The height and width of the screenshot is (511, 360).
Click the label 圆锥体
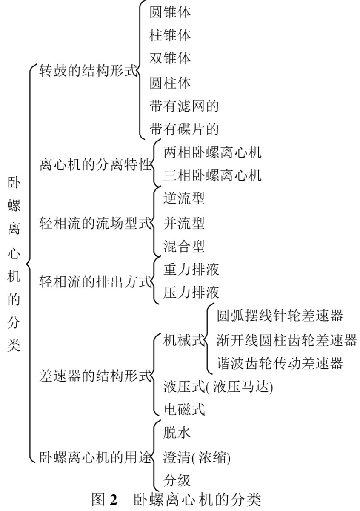pyautogui.click(x=170, y=12)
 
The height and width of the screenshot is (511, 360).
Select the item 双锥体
pyautogui.click(x=170, y=58)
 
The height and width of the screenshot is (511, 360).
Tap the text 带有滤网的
pyautogui.click(x=184, y=106)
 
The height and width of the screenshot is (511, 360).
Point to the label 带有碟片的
pyautogui.click(x=184, y=129)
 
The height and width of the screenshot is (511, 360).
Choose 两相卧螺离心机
pyautogui.click(x=212, y=152)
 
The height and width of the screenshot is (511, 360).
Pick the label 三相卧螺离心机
pyautogui.click(x=212, y=175)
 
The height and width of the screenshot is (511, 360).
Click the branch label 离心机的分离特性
pyautogui.click(x=95, y=164)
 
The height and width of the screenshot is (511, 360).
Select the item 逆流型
pyautogui.click(x=184, y=198)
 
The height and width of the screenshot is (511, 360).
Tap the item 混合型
pyautogui.click(x=184, y=246)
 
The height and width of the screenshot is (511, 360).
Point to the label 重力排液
pyautogui.click(x=191, y=269)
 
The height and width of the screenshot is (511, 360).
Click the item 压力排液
pyautogui.click(x=191, y=293)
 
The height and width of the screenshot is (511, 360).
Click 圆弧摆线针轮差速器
pyautogui.click(x=280, y=316)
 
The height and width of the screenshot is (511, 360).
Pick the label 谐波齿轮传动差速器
pyautogui.click(x=280, y=363)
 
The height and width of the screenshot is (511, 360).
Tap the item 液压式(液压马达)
pyautogui.click(x=218, y=387)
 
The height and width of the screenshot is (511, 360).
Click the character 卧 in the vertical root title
pyautogui.click(x=14, y=182)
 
